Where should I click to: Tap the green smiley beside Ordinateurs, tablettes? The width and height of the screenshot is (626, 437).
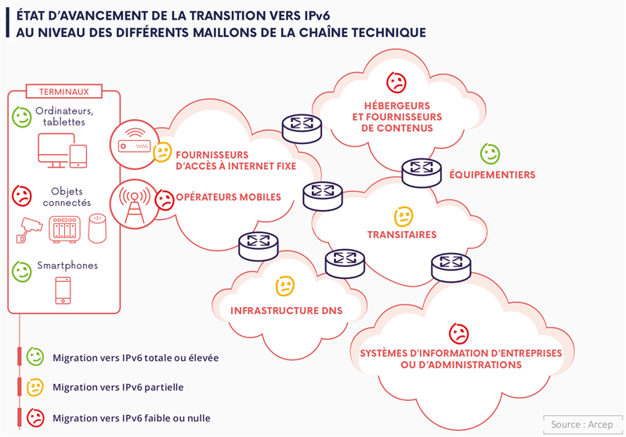pyautogui.click(x=22, y=117)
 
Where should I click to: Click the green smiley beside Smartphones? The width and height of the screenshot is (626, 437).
pyautogui.click(x=22, y=272)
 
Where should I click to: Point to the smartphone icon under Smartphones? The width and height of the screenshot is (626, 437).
pyautogui.click(x=63, y=291)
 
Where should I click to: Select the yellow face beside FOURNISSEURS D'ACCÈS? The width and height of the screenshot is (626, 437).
pyautogui.click(x=162, y=152)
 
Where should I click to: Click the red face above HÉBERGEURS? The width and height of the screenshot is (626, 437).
pyautogui.click(x=396, y=81)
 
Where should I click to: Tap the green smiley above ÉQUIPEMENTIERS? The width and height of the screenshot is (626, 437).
pyautogui.click(x=490, y=153)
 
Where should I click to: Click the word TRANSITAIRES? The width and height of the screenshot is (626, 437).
pyautogui.click(x=402, y=234)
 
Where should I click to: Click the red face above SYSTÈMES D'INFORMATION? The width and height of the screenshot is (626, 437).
pyautogui.click(x=458, y=333)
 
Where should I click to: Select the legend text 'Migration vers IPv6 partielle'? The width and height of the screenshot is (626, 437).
pyautogui.click(x=118, y=387)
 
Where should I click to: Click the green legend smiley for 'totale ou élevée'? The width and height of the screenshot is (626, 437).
pyautogui.click(x=35, y=357)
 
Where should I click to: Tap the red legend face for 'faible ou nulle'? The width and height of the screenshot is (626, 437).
pyautogui.click(x=35, y=417)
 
